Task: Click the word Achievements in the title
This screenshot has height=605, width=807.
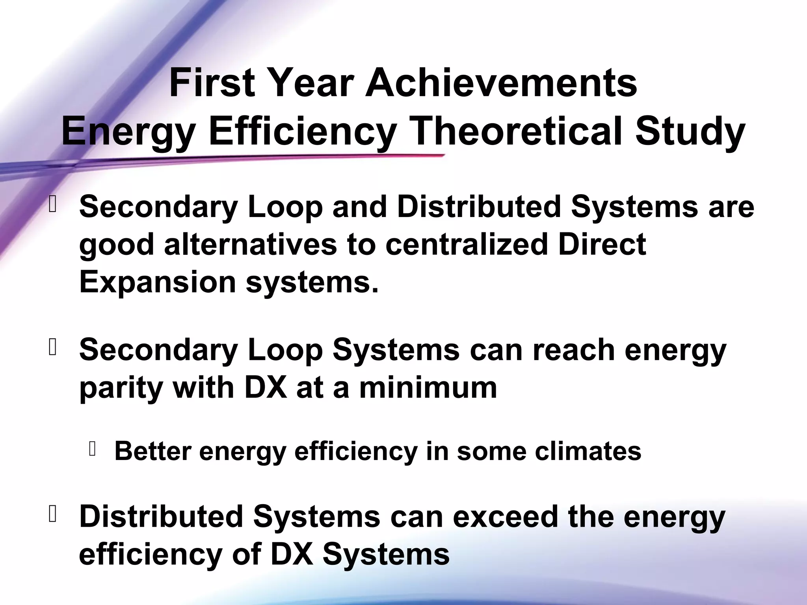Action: click(x=501, y=84)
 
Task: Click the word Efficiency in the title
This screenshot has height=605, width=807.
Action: click(x=301, y=132)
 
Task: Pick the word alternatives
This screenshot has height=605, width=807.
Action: click(x=250, y=244)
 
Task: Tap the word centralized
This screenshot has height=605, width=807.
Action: click(x=467, y=244)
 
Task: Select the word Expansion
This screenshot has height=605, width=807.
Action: click(x=158, y=282)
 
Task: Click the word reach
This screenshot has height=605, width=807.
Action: click(x=574, y=350)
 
